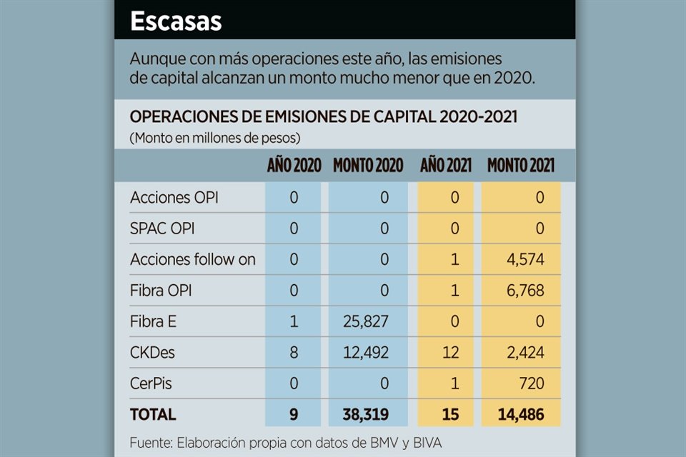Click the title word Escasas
[x=176, y=21]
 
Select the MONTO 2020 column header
[x=368, y=166]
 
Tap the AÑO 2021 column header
[x=445, y=166]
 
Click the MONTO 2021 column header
[x=521, y=166]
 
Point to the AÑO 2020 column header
[x=294, y=166]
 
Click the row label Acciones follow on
[x=192, y=259]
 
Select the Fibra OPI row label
[x=161, y=291]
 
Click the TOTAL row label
[x=152, y=414]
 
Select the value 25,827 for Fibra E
[x=364, y=321]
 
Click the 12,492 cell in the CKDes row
[x=364, y=353]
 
